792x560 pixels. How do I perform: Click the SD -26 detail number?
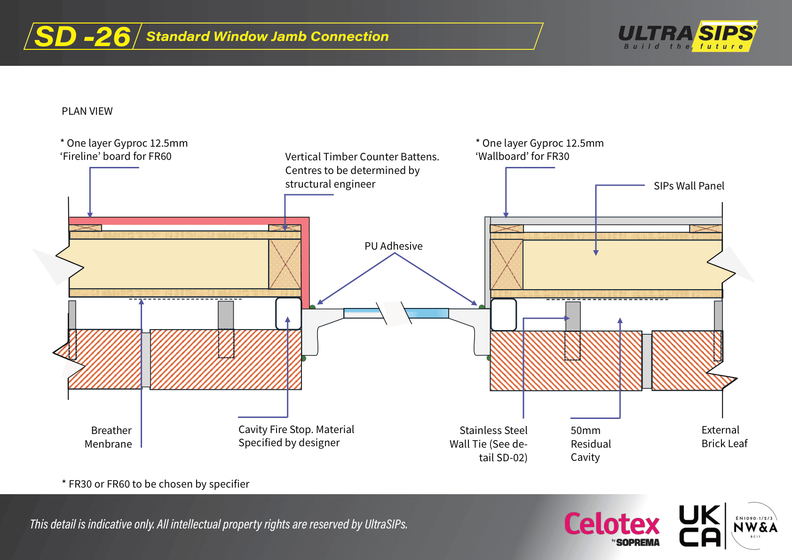click(82, 37)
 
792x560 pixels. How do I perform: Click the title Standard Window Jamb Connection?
click(267, 37)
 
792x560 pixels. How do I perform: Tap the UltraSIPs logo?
click(687, 36)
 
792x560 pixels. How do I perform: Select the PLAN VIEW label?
click(87, 111)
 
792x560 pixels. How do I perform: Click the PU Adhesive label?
click(393, 246)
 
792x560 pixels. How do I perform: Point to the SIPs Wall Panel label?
click(689, 186)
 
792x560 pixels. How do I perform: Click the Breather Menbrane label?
click(109, 437)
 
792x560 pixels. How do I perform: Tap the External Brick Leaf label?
click(724, 437)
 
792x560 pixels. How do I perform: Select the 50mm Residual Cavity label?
click(590, 444)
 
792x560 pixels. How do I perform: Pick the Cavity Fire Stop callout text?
click(296, 436)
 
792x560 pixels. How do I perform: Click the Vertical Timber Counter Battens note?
click(362, 170)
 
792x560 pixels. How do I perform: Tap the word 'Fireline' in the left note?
click(80, 157)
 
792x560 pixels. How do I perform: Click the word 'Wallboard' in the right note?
click(502, 157)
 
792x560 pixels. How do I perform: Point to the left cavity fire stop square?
click(288, 313)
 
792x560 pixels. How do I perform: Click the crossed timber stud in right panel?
click(507, 265)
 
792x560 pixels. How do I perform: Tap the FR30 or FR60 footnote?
click(156, 484)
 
